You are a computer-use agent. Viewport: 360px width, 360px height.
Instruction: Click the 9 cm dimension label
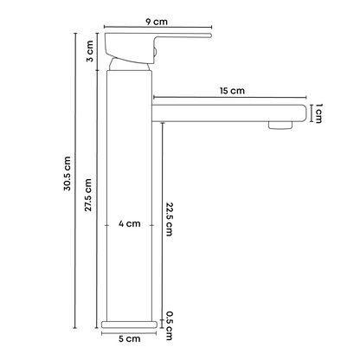click(157, 22)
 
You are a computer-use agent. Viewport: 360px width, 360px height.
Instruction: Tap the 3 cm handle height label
click(90, 51)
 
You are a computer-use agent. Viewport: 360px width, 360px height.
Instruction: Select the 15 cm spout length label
click(232, 91)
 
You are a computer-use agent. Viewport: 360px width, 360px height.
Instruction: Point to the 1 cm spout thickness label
click(318, 113)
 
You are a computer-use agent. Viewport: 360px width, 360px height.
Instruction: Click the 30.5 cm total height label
click(67, 173)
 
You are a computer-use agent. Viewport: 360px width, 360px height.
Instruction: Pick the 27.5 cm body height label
click(88, 195)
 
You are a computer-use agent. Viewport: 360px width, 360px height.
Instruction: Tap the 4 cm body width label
click(130, 223)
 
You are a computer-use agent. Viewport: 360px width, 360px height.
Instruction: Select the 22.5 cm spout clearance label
click(170, 219)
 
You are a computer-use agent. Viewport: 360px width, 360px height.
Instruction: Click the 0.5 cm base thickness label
click(170, 325)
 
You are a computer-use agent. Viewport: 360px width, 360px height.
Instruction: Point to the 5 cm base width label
click(130, 338)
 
